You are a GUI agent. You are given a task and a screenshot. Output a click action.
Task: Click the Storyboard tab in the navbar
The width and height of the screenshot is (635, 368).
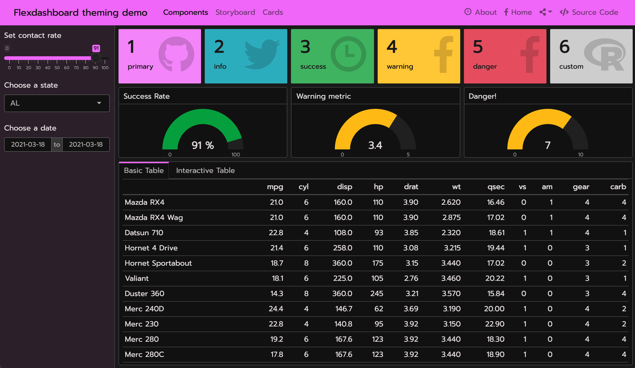pos(235,12)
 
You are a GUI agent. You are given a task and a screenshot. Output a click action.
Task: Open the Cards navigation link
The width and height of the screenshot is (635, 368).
pos(273,12)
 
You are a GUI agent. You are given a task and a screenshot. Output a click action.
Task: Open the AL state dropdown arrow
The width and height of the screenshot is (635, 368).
pos(99,103)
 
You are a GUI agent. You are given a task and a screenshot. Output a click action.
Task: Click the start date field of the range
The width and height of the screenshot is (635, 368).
pos(28,144)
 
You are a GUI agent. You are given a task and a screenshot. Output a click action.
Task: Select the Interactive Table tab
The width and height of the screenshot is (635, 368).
pos(205,171)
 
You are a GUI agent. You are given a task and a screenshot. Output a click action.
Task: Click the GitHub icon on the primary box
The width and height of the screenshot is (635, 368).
pos(176,54)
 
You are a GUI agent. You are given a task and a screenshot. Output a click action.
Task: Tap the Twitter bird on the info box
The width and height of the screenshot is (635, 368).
pos(262,54)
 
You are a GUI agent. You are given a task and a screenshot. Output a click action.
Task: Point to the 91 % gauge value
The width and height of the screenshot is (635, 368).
pos(203,145)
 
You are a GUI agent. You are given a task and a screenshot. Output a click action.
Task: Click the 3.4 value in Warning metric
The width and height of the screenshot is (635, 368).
pos(375,145)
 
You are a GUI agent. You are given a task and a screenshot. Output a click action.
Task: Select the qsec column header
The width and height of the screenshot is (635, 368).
pos(496,187)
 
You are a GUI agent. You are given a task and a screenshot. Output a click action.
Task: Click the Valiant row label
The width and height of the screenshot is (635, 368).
pos(137,278)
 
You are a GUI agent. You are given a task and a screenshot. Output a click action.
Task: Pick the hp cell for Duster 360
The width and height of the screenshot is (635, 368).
pos(377,293)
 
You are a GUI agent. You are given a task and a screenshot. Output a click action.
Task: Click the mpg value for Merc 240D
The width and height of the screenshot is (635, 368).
pos(276,309)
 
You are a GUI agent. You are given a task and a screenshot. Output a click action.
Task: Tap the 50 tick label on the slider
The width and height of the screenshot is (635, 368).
pos(57,68)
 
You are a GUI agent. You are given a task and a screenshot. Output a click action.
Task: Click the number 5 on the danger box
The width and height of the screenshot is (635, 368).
pos(478,47)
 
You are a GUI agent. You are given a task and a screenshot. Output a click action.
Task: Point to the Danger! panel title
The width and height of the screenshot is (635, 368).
pos(482,96)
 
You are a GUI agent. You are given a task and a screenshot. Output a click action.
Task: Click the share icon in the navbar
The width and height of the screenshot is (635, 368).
pos(543,12)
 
